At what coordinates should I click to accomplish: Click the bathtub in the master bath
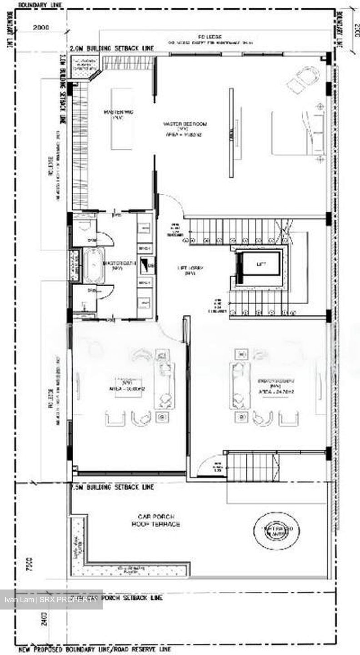pos(94,264)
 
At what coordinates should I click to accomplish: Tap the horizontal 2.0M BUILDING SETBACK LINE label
pos(112,48)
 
